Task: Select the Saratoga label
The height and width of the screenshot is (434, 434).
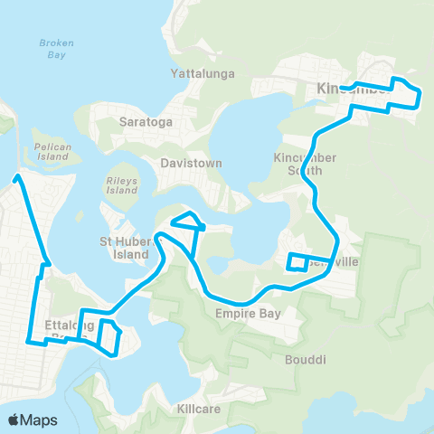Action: click(140, 120)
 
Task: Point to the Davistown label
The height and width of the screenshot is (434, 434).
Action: click(184, 164)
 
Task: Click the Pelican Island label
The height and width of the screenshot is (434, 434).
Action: click(51, 151)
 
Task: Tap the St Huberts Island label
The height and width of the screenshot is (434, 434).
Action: click(123, 248)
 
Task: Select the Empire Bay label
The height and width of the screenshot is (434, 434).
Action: click(248, 314)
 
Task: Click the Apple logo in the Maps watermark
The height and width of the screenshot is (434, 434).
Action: click(14, 420)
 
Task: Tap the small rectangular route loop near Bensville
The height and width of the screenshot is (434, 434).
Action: click(297, 262)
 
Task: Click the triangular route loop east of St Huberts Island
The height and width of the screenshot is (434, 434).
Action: click(188, 221)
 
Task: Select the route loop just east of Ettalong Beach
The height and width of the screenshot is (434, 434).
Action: click(109, 335)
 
